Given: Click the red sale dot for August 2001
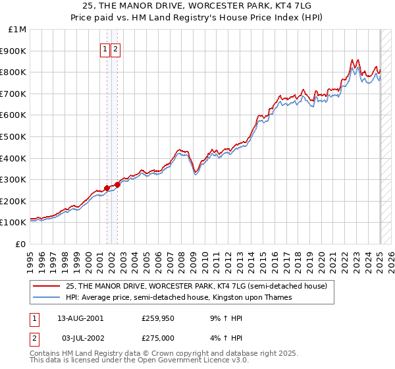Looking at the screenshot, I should coord(107,188).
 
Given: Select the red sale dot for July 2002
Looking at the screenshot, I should coord(117,184).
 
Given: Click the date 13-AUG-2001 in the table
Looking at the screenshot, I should coord(80,318).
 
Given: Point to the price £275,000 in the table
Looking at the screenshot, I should coord(157,338).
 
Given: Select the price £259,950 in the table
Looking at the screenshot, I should coord(157,318).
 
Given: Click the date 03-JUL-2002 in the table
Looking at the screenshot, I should coord(80,338).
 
